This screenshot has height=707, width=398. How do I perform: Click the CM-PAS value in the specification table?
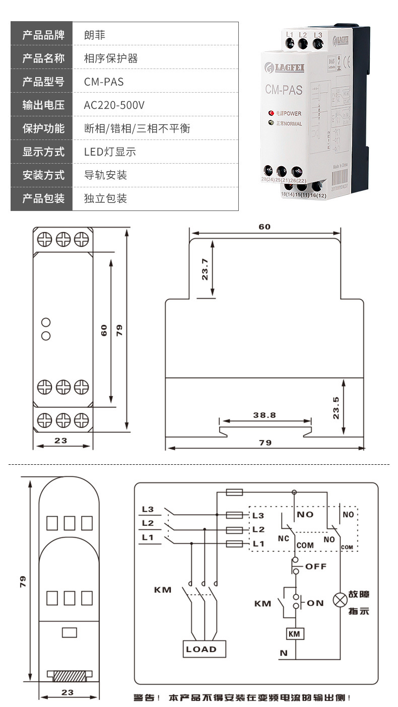click(103, 82)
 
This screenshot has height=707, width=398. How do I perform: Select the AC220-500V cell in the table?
click(114, 105)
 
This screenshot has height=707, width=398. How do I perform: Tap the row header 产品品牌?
click(43, 35)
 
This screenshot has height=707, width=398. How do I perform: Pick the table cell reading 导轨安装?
click(105, 175)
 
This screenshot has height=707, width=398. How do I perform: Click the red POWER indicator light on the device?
click(271, 113)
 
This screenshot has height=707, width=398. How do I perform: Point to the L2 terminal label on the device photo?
click(303, 35)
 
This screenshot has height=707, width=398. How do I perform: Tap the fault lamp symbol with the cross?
click(339, 600)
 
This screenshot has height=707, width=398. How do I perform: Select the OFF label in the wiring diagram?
click(316, 567)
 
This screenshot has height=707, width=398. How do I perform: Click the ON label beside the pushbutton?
click(315, 603)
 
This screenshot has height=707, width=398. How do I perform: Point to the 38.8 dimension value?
click(264, 415)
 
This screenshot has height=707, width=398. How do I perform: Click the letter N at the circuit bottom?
click(284, 654)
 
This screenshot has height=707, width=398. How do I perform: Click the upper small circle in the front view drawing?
click(46, 322)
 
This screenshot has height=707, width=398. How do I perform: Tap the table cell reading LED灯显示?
click(110, 152)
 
